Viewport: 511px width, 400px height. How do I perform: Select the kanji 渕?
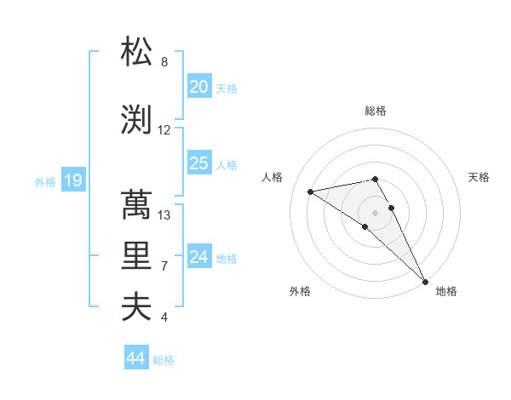[x=137, y=120]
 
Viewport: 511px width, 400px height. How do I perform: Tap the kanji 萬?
[x=137, y=205]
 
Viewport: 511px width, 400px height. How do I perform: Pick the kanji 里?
[x=137, y=256]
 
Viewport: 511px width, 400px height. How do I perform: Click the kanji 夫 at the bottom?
[x=137, y=307]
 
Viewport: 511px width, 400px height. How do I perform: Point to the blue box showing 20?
[x=199, y=87]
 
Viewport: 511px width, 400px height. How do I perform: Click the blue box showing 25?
[x=199, y=163]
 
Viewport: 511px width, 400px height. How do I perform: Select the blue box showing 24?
[x=199, y=257]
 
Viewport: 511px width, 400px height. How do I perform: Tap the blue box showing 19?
[x=72, y=180]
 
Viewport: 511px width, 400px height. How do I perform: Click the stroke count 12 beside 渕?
[x=164, y=130]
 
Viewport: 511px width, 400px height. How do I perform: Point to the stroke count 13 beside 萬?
[x=164, y=215]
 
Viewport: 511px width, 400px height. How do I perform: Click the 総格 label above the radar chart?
[x=376, y=111]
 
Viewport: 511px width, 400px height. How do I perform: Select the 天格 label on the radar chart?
[x=479, y=177]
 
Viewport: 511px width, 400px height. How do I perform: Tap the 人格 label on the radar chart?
[x=273, y=177]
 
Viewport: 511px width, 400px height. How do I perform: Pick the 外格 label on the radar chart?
[x=300, y=292]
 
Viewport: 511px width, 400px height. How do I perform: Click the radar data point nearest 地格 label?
[x=424, y=280]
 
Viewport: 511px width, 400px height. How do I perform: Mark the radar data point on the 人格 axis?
[x=311, y=191]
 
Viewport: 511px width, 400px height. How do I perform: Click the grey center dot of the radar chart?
[x=376, y=212]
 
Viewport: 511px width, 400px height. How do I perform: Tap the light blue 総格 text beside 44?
[x=164, y=360]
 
